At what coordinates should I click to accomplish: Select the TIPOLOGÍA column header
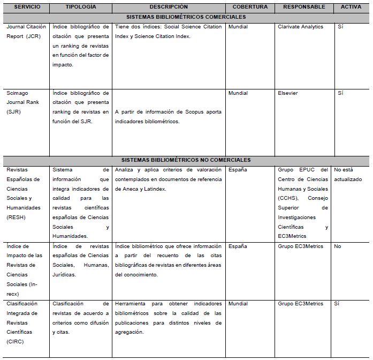[x=81, y=7]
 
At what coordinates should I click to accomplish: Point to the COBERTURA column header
[x=250, y=7]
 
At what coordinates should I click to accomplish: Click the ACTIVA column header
[x=351, y=7]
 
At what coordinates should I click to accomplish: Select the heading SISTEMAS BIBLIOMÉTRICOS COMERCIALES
[x=186, y=17]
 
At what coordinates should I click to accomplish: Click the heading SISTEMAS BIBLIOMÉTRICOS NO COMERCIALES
[x=186, y=160]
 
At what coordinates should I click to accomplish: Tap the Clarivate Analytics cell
[x=301, y=27]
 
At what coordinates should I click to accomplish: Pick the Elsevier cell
[x=288, y=93]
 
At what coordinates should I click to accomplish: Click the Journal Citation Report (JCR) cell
[x=26, y=32]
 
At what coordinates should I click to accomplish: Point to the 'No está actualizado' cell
[x=348, y=175]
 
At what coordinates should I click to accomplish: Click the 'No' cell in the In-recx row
[x=338, y=246]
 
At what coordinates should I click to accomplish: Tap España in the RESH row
[x=237, y=169]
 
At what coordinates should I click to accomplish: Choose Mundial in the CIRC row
[x=238, y=304]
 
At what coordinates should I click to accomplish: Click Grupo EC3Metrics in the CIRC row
[x=301, y=304]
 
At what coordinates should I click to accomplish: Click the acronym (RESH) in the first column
[x=16, y=217]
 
